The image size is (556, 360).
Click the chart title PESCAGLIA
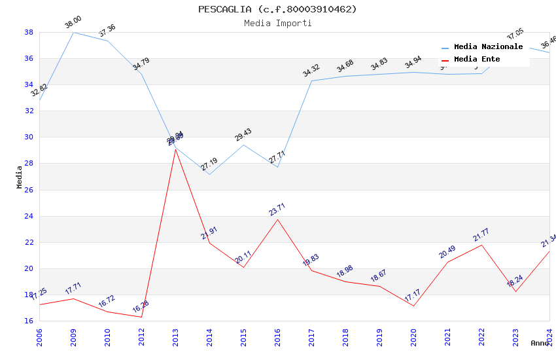tap(277, 9)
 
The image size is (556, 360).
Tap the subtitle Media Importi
tap(277, 23)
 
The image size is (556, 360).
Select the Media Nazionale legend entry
tap(488, 46)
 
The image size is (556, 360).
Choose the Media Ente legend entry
tap(477, 59)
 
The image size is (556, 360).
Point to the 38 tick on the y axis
tap(29, 32)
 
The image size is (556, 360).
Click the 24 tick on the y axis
tap(29, 216)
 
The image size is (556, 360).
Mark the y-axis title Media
tap(20, 177)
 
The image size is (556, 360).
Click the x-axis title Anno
tap(540, 343)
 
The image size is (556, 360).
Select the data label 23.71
tap(277, 209)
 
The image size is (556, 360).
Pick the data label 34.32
tap(311, 71)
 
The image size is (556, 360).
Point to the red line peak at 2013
tap(175, 149)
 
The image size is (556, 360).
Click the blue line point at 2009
tap(73, 32)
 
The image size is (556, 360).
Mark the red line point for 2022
tap(481, 245)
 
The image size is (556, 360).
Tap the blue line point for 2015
tap(243, 145)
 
